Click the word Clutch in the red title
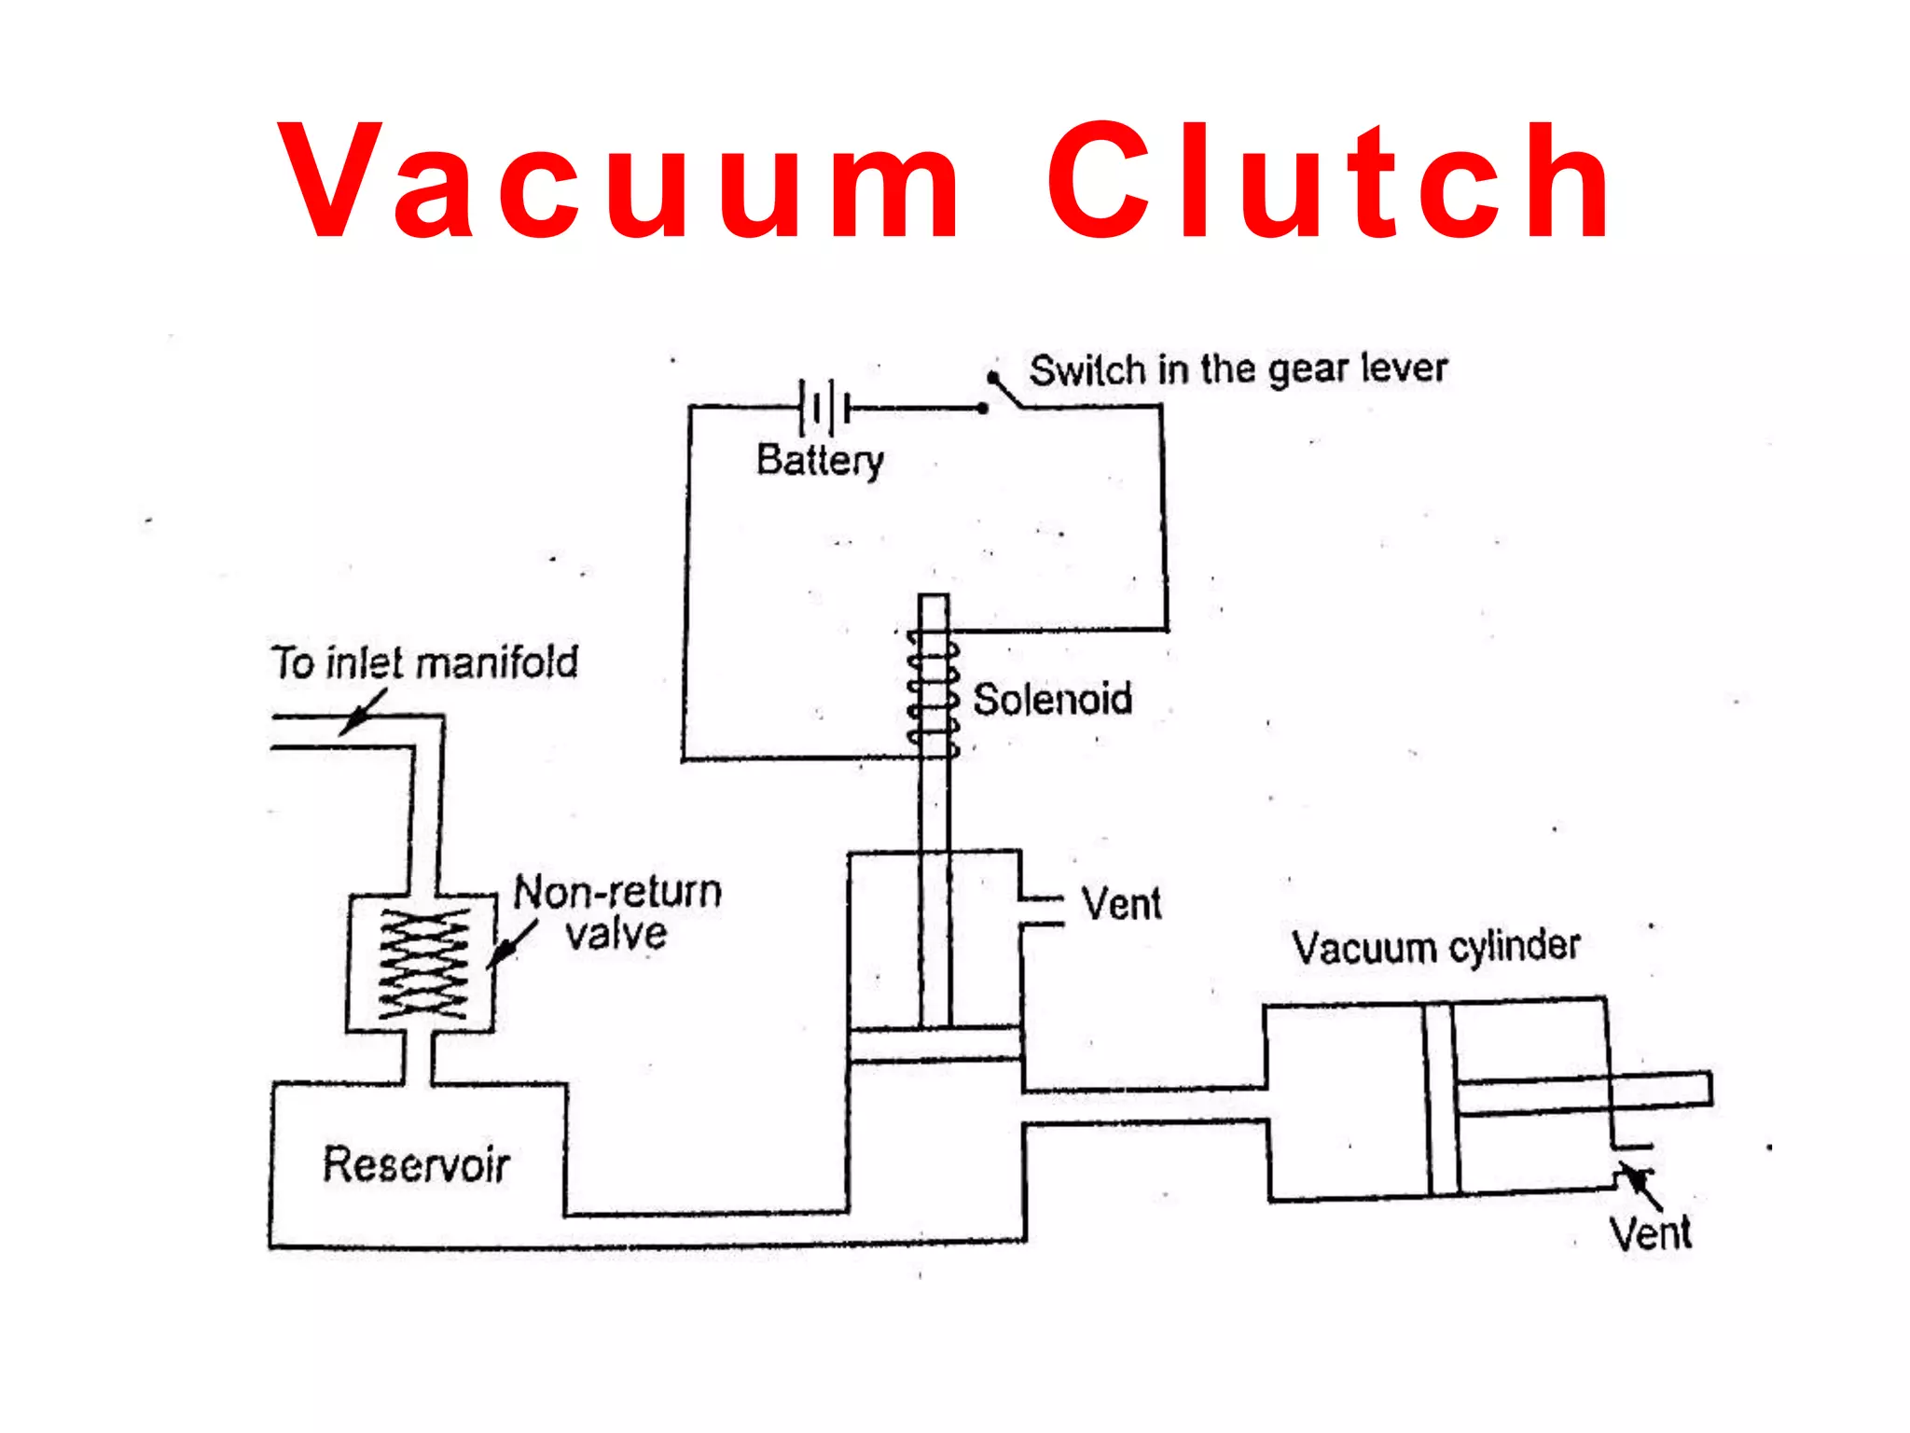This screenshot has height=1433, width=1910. point(1329,182)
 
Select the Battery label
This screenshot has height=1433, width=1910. point(820,460)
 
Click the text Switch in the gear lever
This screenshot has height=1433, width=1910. point(1238,370)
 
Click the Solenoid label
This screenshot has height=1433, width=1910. point(1052,700)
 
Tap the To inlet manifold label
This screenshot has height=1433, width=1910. point(425,663)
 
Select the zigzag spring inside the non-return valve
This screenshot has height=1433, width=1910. point(423,964)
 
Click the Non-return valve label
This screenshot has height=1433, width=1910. point(617,912)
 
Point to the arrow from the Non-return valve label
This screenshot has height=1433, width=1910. point(510,944)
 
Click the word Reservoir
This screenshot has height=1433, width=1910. point(416,1165)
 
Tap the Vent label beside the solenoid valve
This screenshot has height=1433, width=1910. point(1121,904)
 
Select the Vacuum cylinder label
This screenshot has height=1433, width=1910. point(1435,948)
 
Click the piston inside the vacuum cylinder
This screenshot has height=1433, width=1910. point(1441,1099)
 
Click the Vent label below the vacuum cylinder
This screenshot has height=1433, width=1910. point(1650,1234)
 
